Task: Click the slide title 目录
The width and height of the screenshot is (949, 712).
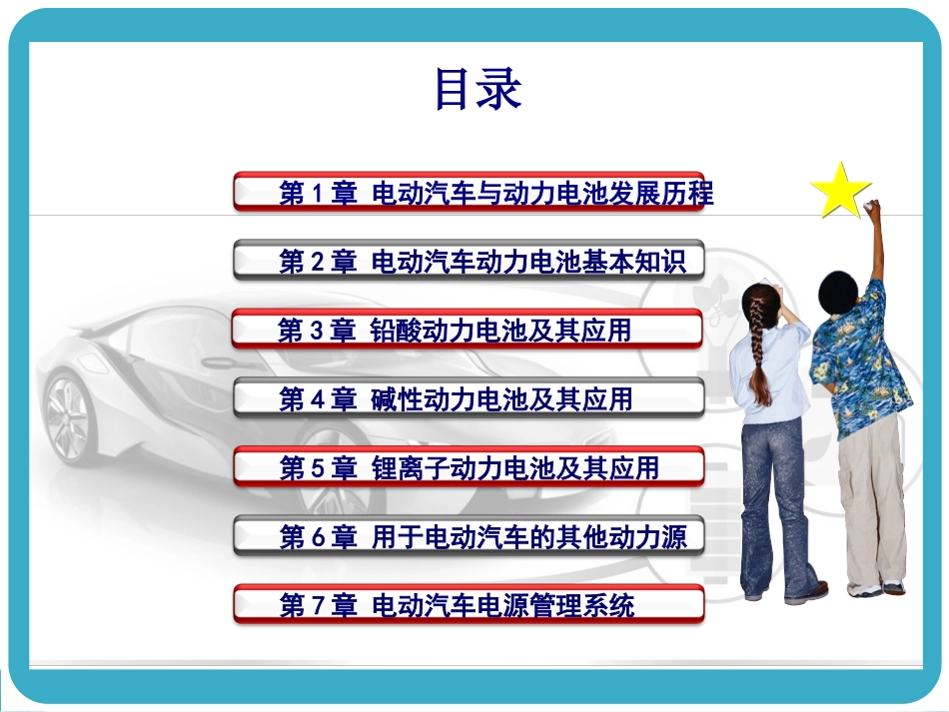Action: (x=477, y=90)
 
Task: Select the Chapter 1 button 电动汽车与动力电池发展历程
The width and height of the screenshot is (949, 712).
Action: (x=469, y=192)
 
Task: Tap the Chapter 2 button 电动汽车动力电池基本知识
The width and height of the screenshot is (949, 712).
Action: (x=469, y=261)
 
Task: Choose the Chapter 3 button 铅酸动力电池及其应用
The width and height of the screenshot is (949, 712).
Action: (x=469, y=330)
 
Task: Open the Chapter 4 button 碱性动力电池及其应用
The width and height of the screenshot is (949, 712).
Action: (x=469, y=398)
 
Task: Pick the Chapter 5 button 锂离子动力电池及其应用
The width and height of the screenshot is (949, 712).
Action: (x=469, y=467)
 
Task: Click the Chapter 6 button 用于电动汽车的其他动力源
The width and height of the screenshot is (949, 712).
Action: (x=469, y=536)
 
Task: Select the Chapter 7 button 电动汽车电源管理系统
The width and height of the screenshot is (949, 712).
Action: (x=469, y=605)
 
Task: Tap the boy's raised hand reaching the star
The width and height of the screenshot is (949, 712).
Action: (x=873, y=211)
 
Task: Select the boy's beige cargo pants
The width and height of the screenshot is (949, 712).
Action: (x=871, y=499)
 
